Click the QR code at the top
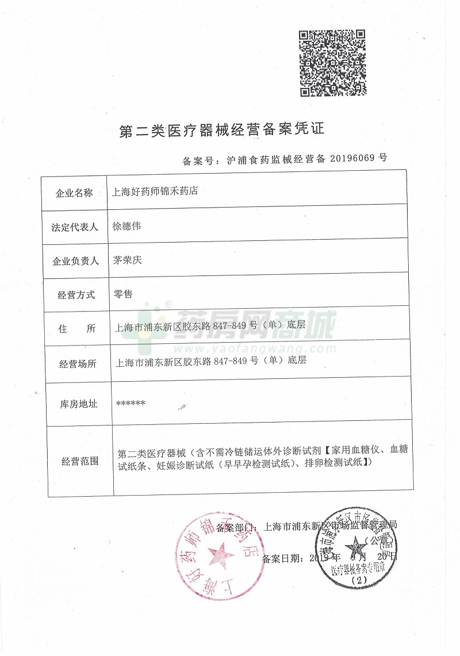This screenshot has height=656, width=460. point(332,63)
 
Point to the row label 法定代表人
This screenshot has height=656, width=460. point(74,227)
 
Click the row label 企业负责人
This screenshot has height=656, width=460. point(74,261)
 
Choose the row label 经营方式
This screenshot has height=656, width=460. point(74,295)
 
